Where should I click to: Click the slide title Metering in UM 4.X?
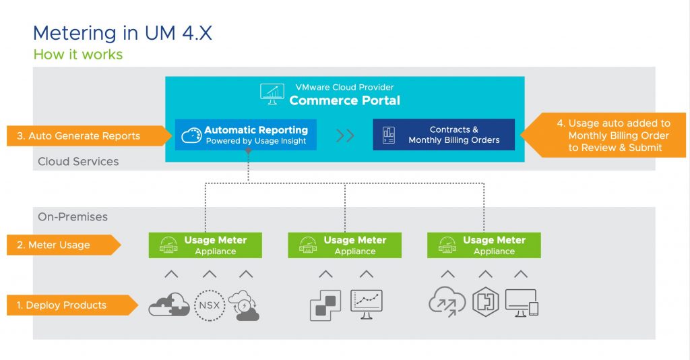122,33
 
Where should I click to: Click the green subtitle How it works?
78,55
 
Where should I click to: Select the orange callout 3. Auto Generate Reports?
84,136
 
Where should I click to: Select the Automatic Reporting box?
246,135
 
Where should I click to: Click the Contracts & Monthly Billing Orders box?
443,135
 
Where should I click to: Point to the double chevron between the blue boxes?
345,136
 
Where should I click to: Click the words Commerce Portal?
344,100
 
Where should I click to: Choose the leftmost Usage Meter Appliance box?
205,245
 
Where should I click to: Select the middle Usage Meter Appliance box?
344,245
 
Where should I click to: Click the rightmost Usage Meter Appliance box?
483,245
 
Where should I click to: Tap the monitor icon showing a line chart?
367,304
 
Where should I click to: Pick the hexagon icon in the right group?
484,305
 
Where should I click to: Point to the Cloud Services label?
78,162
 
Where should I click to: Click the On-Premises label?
73,217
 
